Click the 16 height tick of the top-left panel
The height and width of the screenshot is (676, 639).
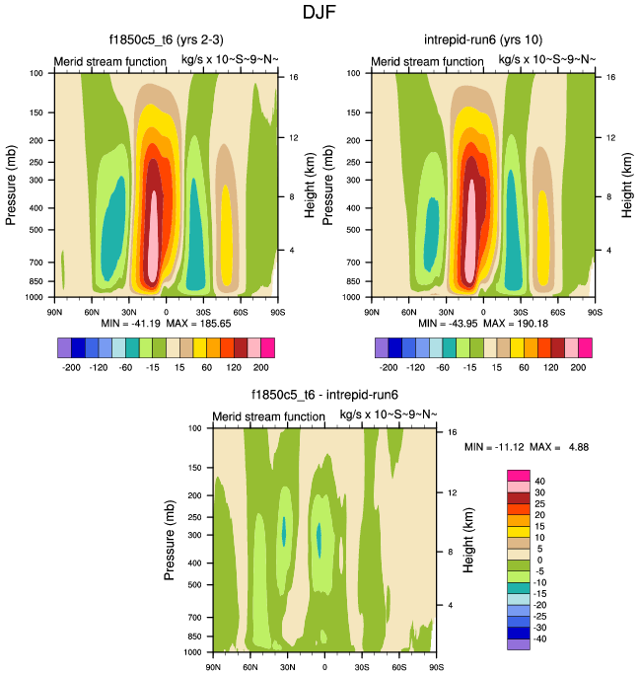coord(292,76)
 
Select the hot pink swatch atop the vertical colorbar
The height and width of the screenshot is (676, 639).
coord(519,477)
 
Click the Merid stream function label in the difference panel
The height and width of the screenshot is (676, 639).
coord(268,416)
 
